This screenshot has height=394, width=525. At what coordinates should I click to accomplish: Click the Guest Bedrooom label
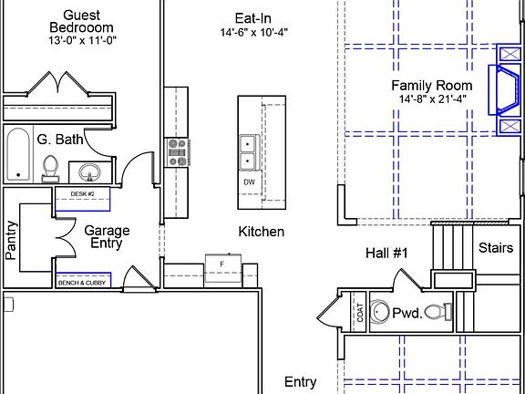[x=81, y=21]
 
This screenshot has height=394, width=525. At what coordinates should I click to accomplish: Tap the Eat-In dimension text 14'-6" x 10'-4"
[x=253, y=33]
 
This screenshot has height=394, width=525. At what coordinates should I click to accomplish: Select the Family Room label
[x=432, y=86]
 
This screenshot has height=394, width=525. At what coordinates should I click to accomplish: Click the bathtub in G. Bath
[x=18, y=155]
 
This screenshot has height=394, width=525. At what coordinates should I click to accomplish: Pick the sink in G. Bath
[x=89, y=172]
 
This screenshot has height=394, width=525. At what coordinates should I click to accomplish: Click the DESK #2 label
[x=82, y=194]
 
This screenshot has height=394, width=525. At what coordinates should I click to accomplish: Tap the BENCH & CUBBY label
[x=82, y=283]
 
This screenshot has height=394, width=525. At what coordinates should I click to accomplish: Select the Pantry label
[x=11, y=240]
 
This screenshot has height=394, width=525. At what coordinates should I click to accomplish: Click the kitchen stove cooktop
[x=178, y=153]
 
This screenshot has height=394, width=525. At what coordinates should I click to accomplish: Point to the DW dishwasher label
[x=249, y=182]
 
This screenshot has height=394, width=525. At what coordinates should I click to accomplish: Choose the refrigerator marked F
[x=223, y=268]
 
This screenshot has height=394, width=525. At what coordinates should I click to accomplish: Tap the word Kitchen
[x=262, y=232]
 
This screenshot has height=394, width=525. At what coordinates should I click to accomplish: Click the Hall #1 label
[x=386, y=253]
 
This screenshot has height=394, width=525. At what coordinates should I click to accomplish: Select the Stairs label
[x=496, y=248]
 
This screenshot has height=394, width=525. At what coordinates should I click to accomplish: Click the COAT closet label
[x=360, y=312]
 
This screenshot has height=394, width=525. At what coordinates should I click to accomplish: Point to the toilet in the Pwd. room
[x=438, y=312]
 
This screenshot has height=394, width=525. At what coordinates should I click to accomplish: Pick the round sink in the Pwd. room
[x=379, y=312]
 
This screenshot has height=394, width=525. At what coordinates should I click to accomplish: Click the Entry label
[x=301, y=382]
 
